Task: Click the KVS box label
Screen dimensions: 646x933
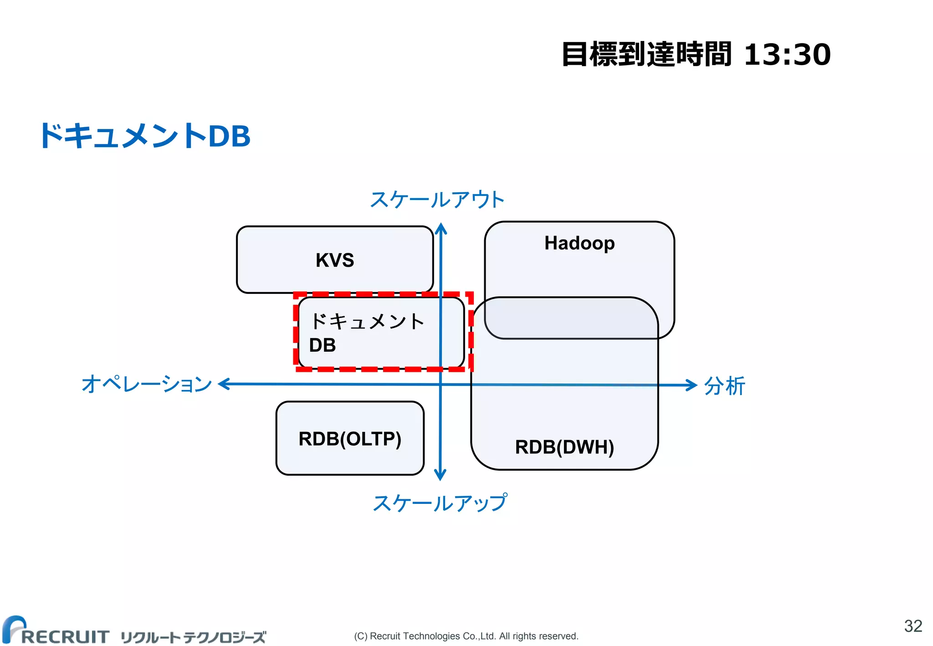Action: pos(334,260)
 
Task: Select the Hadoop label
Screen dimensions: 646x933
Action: pos(579,243)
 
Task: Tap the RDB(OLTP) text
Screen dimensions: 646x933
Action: pos(350,439)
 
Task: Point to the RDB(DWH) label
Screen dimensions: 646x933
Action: pos(564,447)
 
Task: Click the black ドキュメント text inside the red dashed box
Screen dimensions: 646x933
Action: pos(367,322)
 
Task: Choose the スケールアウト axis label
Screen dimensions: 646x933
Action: pos(437,200)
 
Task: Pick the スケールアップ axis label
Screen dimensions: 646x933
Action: pos(440,503)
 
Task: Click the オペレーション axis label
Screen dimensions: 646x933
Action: pos(147,384)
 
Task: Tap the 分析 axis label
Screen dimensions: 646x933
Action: pos(724,386)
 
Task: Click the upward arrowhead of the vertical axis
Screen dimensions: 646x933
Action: pos(441,227)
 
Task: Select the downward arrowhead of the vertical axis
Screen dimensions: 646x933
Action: pos(440,475)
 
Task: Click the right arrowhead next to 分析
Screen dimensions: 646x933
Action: pos(692,385)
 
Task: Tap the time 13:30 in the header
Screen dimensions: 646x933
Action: pos(787,55)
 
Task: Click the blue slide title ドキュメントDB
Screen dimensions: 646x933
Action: pos(145,136)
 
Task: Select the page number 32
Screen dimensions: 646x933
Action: pos(913,626)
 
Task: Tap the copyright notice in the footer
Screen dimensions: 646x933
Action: pos(466,636)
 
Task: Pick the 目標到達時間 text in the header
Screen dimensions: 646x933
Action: pos(646,55)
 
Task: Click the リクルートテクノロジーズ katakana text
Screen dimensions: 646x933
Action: pos(193,637)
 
